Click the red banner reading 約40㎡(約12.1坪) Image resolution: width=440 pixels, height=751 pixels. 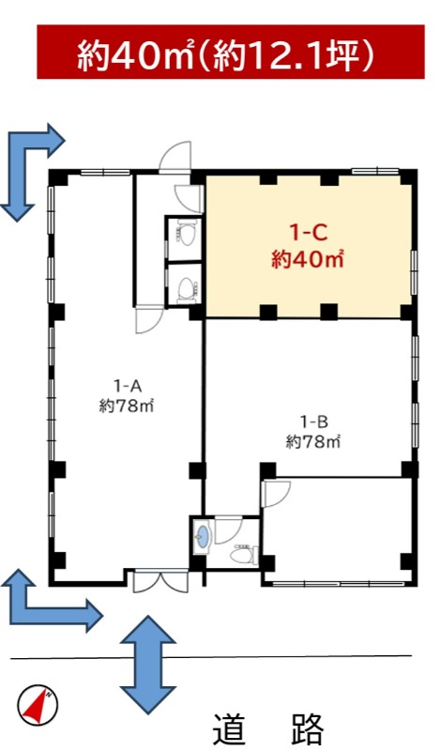(x=230, y=52)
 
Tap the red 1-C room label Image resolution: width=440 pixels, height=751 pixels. (x=308, y=234)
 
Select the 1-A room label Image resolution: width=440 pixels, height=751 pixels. (x=127, y=384)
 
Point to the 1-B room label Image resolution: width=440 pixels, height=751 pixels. (x=313, y=421)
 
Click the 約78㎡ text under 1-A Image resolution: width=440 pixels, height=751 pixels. (x=127, y=406)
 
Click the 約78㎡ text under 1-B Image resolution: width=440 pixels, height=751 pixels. (x=313, y=441)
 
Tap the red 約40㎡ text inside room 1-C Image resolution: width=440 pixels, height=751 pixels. (x=308, y=260)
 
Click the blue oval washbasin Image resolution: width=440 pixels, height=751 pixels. (x=203, y=535)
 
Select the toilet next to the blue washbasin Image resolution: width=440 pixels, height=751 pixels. (x=244, y=555)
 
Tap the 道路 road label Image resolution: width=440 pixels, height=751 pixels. (x=268, y=729)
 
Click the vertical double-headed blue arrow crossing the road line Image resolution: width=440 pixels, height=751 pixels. (x=148, y=665)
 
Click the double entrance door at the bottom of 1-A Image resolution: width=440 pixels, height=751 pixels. (x=160, y=581)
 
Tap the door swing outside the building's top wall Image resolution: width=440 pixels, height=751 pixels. (x=175, y=156)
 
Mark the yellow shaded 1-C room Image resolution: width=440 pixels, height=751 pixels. (x=309, y=246)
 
